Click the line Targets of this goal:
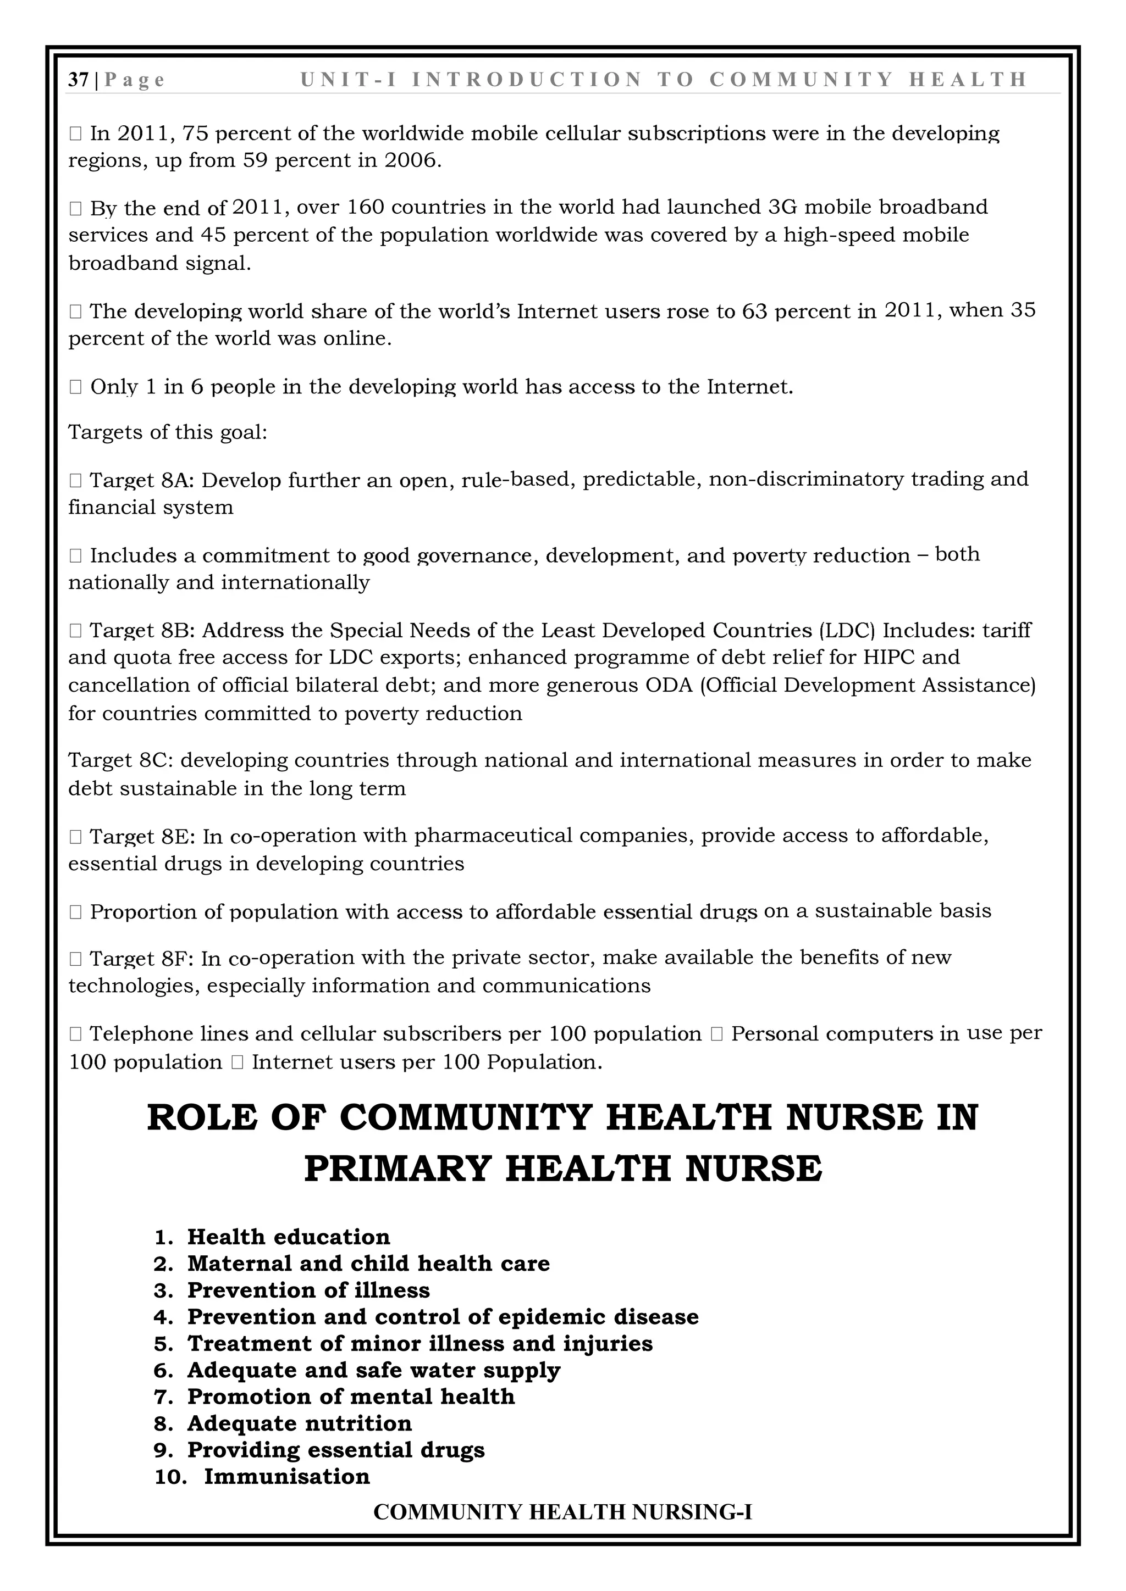coord(167,432)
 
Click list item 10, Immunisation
coord(286,1477)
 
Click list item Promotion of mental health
coord(351,1397)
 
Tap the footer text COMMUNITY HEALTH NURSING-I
coord(562,1511)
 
